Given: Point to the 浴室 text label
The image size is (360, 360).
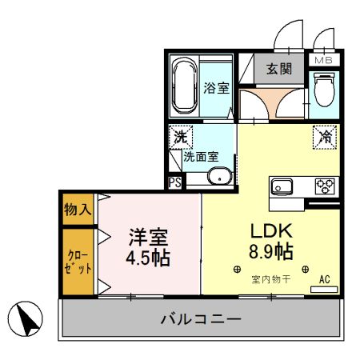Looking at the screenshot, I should pos(216,88).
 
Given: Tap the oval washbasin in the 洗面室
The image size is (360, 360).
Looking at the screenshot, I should pos(218,177).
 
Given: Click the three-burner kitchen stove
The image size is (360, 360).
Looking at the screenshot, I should pos(325,186).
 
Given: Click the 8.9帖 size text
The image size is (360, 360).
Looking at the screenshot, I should pos(270,251).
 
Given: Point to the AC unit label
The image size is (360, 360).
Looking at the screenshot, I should pos(325,279).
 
